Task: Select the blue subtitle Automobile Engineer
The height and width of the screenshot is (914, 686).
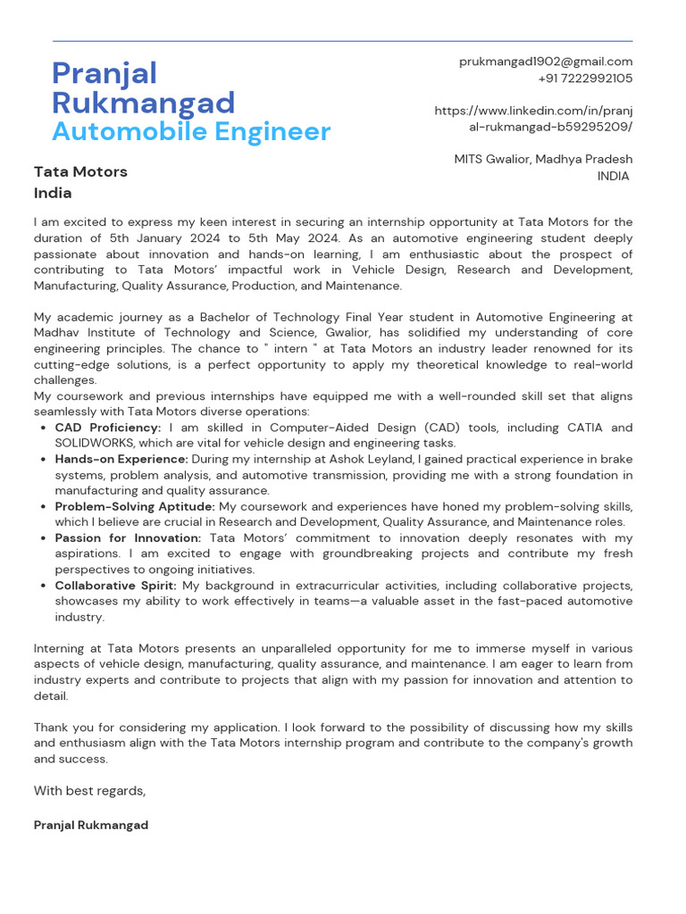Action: [191, 132]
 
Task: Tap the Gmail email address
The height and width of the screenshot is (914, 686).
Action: [545, 62]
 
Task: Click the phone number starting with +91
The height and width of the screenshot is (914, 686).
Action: [585, 79]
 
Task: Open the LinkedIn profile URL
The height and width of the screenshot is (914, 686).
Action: [533, 119]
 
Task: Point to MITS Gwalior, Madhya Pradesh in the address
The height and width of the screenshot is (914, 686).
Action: [543, 159]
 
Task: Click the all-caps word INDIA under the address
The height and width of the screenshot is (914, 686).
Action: [613, 176]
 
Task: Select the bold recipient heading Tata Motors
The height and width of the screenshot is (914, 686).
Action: [80, 171]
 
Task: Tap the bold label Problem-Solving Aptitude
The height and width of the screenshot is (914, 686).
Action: [135, 506]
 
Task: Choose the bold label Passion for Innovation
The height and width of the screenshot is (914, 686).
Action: [128, 538]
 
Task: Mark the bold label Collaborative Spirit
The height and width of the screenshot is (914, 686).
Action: [116, 586]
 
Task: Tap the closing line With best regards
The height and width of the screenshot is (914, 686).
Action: [89, 791]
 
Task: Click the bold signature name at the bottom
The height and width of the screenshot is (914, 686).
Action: [91, 826]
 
